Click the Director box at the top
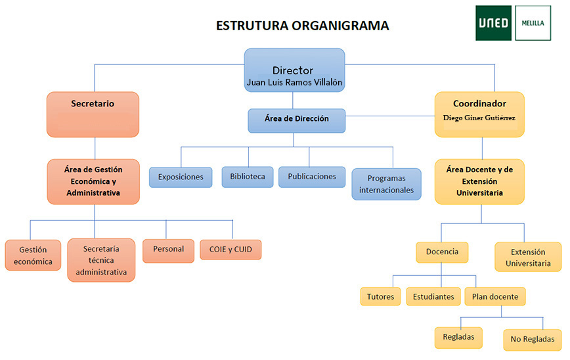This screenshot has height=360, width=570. [294, 70]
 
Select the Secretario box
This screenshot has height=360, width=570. [93, 114]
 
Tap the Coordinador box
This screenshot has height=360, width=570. [479, 114]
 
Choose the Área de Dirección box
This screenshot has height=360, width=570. [296, 120]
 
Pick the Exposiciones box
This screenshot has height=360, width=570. [181, 177]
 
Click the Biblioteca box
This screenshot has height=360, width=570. [248, 176]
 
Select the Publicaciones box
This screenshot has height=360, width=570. [312, 176]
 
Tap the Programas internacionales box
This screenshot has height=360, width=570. [386, 184]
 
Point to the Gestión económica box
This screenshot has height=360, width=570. [33, 255]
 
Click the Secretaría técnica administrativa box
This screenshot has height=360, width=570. [101, 259]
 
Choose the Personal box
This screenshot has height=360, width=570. [169, 250]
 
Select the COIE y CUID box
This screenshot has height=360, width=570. [230, 249]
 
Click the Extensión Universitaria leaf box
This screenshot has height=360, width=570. [528, 257]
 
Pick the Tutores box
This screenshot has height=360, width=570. [380, 297]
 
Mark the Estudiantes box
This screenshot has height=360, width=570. [433, 297]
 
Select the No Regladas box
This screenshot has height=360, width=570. [533, 340]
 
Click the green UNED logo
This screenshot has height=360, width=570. [493, 23]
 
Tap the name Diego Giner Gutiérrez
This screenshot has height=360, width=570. [479, 118]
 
